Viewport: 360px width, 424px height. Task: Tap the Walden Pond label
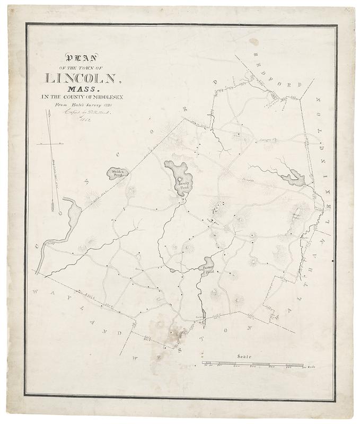(118, 173)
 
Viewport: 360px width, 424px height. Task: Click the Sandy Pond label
(183, 184)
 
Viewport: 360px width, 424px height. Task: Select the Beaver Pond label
(208, 269)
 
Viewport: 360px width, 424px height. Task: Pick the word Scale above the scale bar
(244, 358)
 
